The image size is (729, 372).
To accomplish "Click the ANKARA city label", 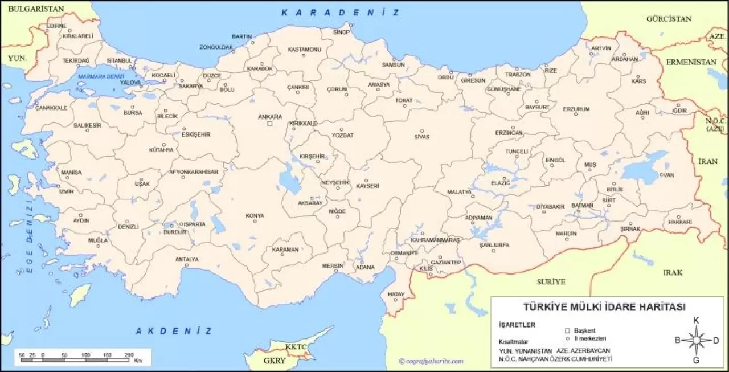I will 270,117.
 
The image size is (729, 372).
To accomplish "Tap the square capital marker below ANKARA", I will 270,124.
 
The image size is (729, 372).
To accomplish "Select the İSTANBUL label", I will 120,60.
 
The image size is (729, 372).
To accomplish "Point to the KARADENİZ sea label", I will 340,13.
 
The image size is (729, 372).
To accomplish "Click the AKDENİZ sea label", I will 174,331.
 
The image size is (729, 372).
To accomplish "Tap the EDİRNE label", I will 56,26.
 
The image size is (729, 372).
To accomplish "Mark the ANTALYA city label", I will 187,259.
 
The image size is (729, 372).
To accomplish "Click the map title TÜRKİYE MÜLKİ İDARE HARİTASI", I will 604,307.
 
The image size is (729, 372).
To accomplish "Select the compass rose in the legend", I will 697,341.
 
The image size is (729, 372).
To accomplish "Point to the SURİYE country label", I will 551,281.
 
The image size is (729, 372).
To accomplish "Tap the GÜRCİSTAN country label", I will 669,19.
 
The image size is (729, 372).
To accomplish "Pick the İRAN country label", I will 708,161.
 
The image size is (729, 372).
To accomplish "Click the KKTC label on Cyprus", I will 296,346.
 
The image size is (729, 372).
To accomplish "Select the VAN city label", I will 669,175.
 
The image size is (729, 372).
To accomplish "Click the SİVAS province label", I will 421,137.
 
